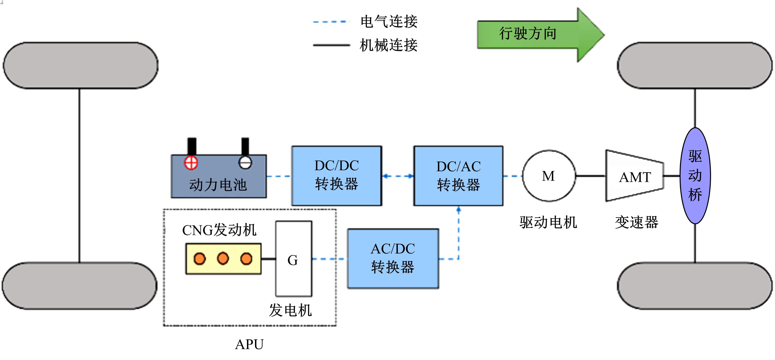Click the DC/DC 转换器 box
[x=337, y=176]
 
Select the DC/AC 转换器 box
[x=458, y=176]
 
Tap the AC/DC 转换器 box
[x=393, y=259]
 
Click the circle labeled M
[x=549, y=176]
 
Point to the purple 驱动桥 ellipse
[x=695, y=176]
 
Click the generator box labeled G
[x=294, y=259]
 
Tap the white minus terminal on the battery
[x=245, y=163]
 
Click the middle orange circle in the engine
[x=223, y=258]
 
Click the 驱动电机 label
[x=548, y=223]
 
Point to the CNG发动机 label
[x=219, y=230]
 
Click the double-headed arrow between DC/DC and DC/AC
[x=398, y=176]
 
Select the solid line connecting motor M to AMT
[x=590, y=176]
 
